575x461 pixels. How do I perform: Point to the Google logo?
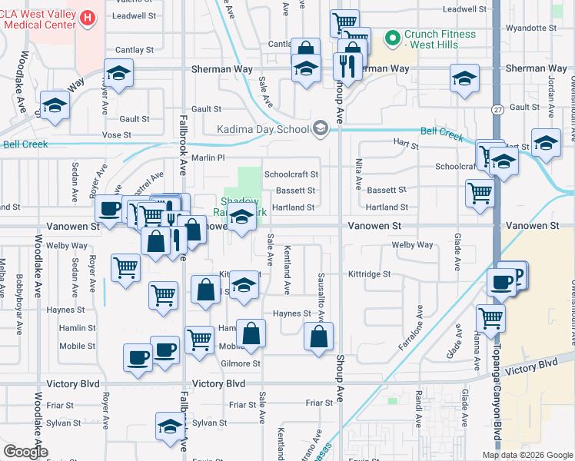25,451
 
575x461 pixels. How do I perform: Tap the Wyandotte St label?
537,28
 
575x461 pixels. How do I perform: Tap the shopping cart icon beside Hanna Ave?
490,317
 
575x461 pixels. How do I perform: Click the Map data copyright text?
527,455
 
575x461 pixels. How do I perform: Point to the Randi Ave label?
418,409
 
